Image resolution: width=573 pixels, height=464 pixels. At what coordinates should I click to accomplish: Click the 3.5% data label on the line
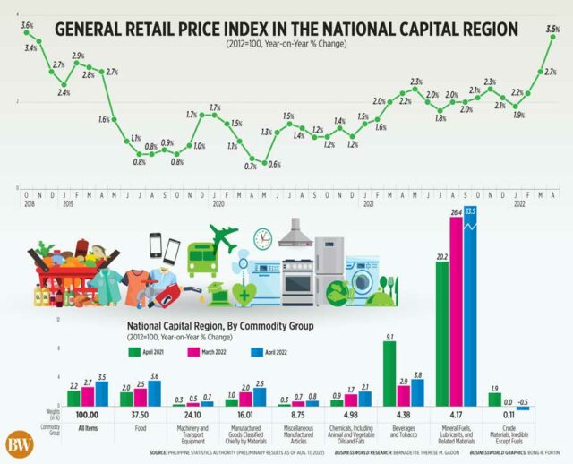(x=552, y=30)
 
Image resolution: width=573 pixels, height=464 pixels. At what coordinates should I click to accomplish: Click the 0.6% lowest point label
(x=275, y=165)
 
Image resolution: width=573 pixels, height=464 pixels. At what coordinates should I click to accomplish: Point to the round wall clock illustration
(x=262, y=238)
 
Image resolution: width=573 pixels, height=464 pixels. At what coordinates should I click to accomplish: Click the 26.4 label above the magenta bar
(x=456, y=212)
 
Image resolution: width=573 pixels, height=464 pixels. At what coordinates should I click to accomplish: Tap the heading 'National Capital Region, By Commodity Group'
(x=219, y=327)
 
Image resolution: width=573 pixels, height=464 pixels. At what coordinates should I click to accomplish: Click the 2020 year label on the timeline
(x=218, y=204)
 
